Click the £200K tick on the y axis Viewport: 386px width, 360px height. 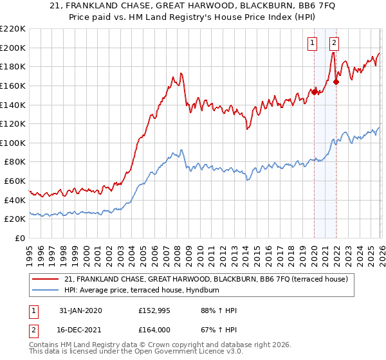[13, 48]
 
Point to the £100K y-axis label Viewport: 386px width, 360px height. [13, 143]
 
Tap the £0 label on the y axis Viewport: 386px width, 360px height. [19, 239]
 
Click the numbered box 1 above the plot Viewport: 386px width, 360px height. [313, 44]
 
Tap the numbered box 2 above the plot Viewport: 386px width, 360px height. [335, 44]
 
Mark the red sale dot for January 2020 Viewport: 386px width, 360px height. [315, 92]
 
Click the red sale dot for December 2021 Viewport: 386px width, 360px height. [336, 82]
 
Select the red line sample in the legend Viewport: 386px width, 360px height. [46, 279]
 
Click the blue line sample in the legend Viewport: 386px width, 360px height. [46, 290]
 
